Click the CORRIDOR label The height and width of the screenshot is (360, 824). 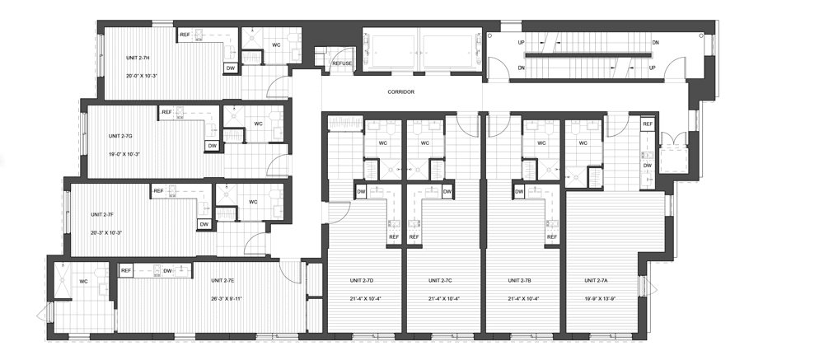click(401, 92)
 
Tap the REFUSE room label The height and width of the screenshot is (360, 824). click(342, 63)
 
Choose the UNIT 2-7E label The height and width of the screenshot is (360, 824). click(222, 281)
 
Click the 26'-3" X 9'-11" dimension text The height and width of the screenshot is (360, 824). click(226, 298)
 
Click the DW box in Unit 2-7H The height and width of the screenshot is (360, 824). click(230, 68)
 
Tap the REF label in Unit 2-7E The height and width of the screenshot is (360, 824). click(125, 271)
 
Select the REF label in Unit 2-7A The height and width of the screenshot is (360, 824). click(648, 124)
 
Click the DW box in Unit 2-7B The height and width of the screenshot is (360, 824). click(519, 192)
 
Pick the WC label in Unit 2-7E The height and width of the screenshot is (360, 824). click(83, 282)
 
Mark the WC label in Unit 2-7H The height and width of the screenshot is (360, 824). click(276, 45)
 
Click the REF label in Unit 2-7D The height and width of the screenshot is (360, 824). click(394, 237)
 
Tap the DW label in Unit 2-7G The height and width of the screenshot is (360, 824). click(212, 146)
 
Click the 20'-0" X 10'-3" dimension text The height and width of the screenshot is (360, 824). click(142, 76)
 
